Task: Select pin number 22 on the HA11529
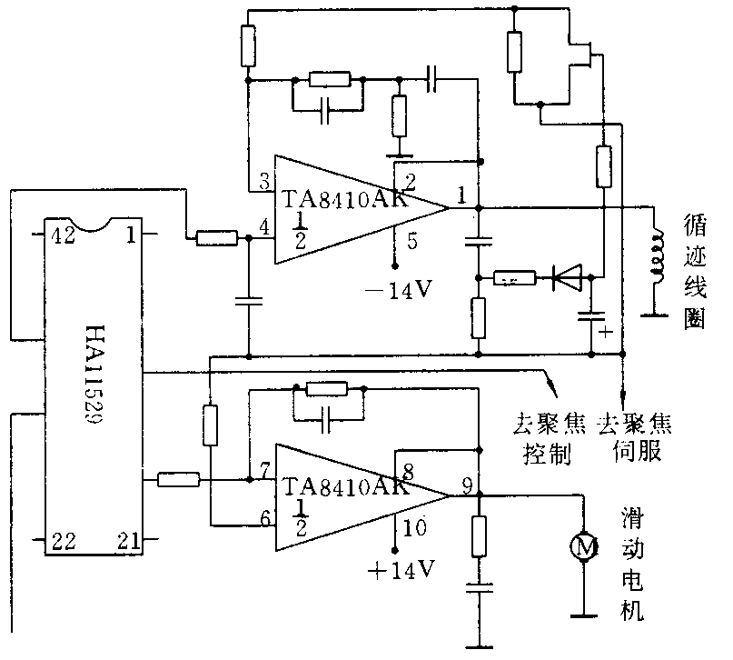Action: [64, 542]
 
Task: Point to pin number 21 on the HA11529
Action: [127, 542]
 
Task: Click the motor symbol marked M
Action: [581, 546]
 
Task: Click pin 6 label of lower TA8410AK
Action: [264, 517]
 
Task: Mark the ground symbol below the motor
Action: [581, 617]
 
